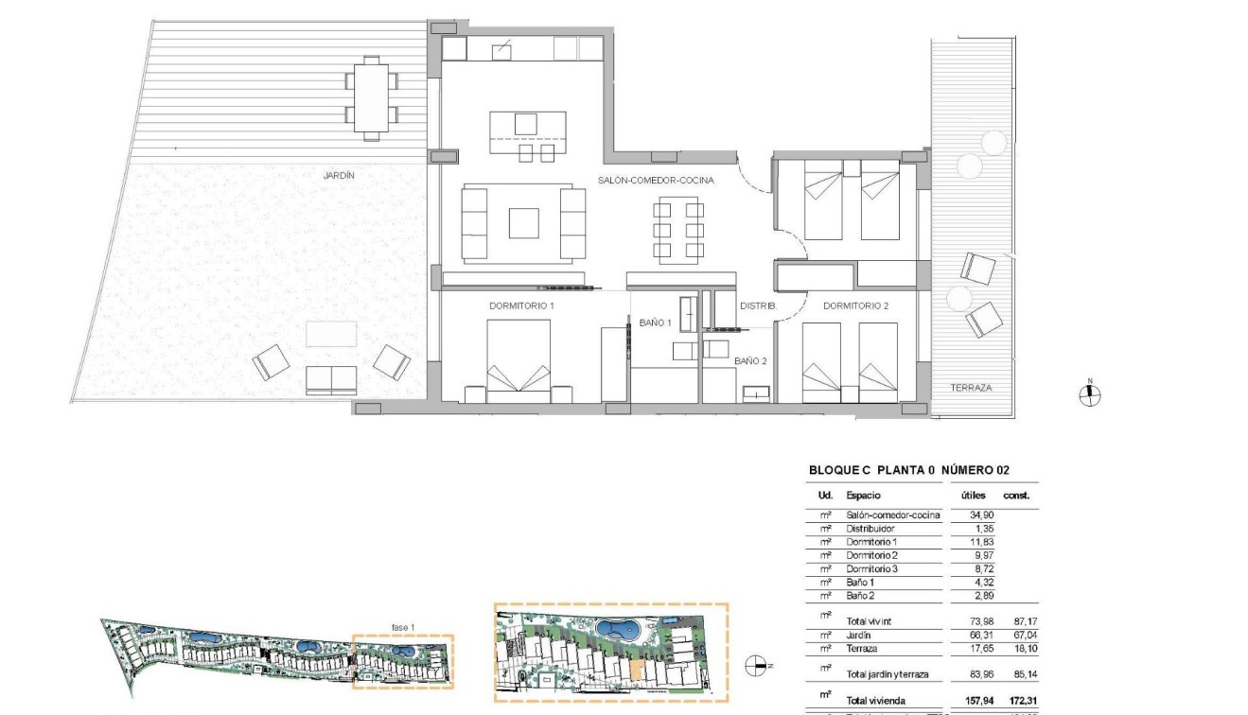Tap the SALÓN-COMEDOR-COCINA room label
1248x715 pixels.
pyautogui.click(x=656, y=180)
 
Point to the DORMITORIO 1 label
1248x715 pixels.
pyautogui.click(x=521, y=306)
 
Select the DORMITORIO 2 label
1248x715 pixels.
pyautogui.click(x=855, y=306)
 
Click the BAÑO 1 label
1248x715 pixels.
pyautogui.click(x=655, y=323)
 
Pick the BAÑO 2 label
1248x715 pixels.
pyautogui.click(x=750, y=360)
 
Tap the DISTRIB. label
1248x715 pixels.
pyautogui.click(x=758, y=306)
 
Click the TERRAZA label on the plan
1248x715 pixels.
pyautogui.click(x=972, y=388)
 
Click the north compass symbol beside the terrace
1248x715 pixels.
pyautogui.click(x=1090, y=396)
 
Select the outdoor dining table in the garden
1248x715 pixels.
pyautogui.click(x=372, y=97)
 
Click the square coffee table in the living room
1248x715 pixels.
pyautogui.click(x=523, y=223)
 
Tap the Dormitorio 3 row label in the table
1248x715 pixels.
pyautogui.click(x=876, y=568)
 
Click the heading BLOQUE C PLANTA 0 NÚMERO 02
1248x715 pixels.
pyautogui.click(x=910, y=470)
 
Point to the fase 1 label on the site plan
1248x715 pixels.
pyautogui.click(x=404, y=626)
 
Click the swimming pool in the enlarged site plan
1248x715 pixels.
pyautogui.click(x=616, y=629)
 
